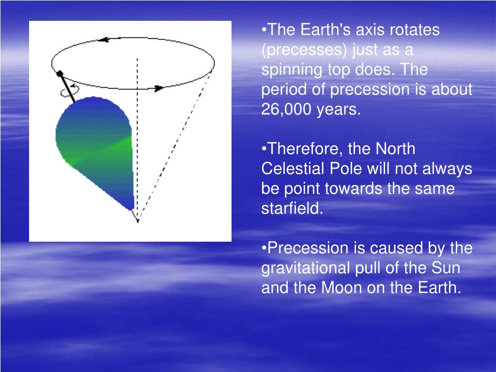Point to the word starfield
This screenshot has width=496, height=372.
(x=292, y=208)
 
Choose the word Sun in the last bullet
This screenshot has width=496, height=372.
(x=446, y=267)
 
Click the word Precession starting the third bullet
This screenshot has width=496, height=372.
(x=308, y=248)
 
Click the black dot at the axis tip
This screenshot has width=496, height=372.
(x=60, y=74)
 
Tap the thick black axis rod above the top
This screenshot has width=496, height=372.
(x=67, y=88)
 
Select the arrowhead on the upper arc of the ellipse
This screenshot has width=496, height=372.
(x=104, y=40)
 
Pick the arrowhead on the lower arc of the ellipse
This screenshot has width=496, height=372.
(x=159, y=88)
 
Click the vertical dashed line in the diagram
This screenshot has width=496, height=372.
(x=137, y=139)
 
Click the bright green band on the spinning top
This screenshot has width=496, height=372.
(x=101, y=151)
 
